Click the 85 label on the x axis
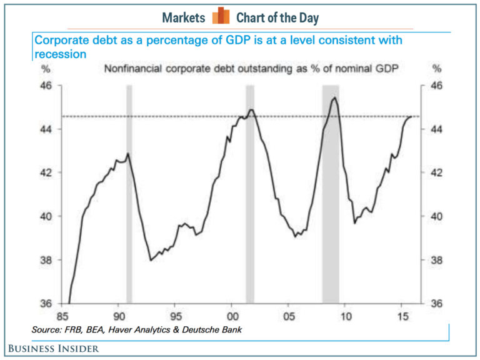[64, 316]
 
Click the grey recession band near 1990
[129, 194]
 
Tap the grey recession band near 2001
[249, 194]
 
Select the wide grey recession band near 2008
[331, 194]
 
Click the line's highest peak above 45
[335, 97]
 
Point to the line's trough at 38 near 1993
[151, 260]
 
